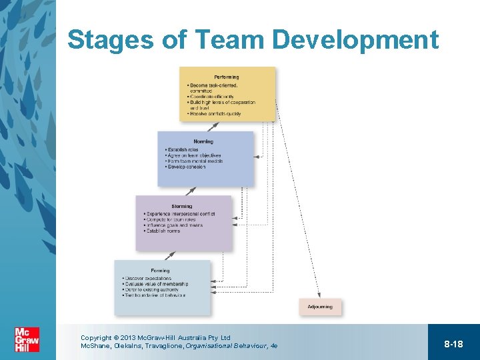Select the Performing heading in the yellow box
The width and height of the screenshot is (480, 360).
point(227,77)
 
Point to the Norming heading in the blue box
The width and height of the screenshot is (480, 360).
point(203,141)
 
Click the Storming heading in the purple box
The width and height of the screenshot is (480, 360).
point(181,206)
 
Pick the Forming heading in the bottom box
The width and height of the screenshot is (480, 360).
point(160,271)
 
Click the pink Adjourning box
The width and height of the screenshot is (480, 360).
point(320,307)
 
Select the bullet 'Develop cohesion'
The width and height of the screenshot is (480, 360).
point(187,167)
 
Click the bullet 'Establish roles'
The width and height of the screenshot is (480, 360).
point(183,150)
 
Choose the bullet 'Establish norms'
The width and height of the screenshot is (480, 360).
point(163,231)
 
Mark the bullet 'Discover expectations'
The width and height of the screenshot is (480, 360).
point(148,279)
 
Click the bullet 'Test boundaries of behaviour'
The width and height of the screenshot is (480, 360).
point(155,295)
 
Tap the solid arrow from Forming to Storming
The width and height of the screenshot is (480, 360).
point(171,255)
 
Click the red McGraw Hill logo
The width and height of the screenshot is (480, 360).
point(27,340)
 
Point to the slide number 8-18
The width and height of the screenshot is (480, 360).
point(453,343)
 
